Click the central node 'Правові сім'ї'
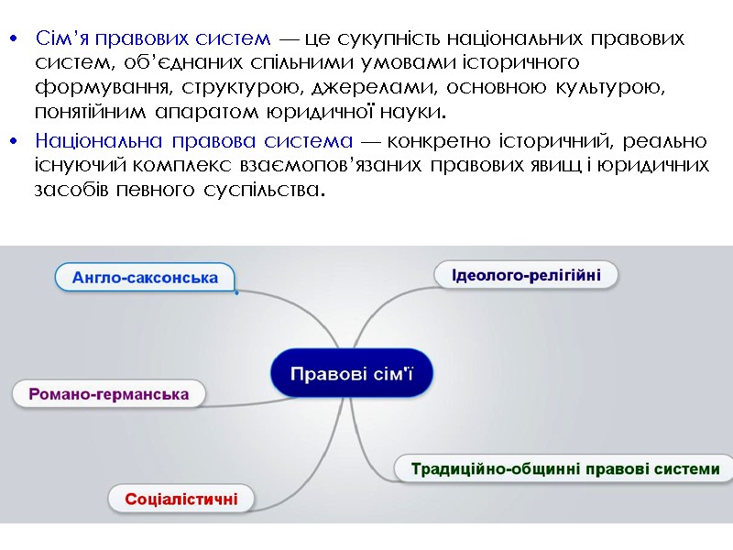(x=352, y=374)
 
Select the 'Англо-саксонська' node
(x=145, y=277)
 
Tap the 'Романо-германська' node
(x=109, y=394)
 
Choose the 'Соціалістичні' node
(x=181, y=500)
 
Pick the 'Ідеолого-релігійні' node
(x=526, y=274)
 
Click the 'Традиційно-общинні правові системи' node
(x=564, y=468)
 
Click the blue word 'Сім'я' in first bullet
(x=63, y=38)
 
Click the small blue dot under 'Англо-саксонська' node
(x=235, y=293)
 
